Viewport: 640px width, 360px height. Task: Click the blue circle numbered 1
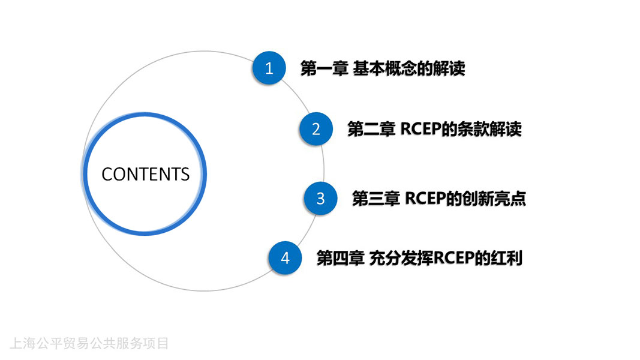click(269, 68)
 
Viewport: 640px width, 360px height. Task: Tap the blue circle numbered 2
click(316, 129)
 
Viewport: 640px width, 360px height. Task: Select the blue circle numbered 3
click(320, 199)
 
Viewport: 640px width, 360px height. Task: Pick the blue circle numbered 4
click(285, 258)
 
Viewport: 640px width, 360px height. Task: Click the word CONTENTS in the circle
click(145, 174)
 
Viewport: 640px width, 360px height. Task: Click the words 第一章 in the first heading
click(324, 68)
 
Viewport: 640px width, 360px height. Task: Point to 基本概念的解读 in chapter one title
click(408, 68)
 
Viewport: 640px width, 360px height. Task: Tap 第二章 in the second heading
click(371, 129)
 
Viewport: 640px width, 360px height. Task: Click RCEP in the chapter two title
click(421, 129)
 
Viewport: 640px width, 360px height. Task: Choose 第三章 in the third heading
click(375, 199)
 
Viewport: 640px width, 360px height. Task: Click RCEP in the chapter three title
click(425, 199)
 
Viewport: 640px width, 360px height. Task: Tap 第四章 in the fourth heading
click(341, 258)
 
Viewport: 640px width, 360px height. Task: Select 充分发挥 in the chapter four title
click(401, 258)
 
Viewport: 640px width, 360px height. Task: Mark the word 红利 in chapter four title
click(506, 258)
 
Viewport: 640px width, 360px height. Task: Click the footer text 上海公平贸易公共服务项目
click(89, 343)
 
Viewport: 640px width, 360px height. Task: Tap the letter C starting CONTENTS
click(107, 174)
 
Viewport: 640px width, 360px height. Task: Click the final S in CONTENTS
click(185, 174)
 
